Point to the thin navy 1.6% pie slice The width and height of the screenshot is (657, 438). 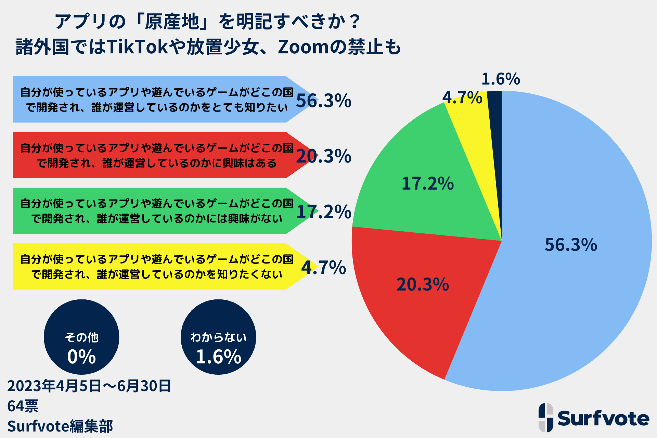tap(495, 137)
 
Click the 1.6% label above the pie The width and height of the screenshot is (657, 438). tap(500, 79)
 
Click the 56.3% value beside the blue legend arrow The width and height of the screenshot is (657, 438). tap(323, 101)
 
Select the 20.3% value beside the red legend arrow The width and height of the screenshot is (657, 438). tap(323, 156)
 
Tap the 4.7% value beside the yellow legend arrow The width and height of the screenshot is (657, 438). tap(323, 268)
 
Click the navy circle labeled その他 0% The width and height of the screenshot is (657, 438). tap(81, 337)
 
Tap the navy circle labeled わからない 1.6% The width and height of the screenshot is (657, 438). tap(218, 337)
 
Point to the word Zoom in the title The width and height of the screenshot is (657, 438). tap(303, 47)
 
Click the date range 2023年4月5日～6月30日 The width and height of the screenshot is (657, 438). tap(89, 386)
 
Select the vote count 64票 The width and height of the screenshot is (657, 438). tap(23, 406)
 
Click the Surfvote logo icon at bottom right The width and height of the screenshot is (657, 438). tap(546, 417)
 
